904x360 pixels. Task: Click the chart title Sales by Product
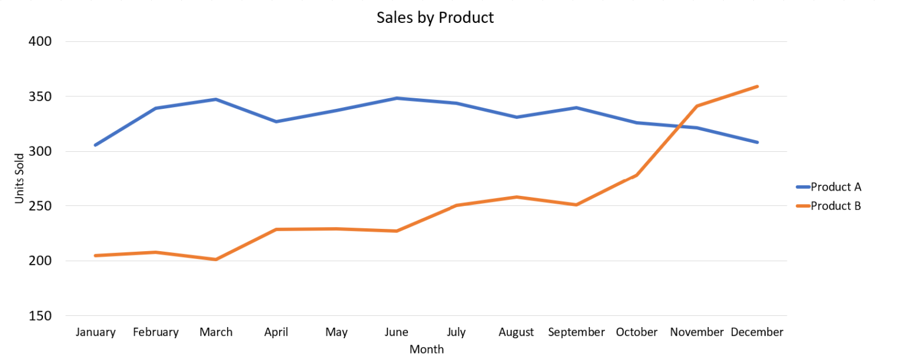click(435, 18)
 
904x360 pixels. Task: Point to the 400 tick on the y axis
click(40, 41)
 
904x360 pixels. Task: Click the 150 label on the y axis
click(40, 316)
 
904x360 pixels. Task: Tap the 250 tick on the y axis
click(40, 206)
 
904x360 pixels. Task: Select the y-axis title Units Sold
click(20, 178)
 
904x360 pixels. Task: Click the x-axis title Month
click(427, 349)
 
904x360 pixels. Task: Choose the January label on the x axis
click(95, 332)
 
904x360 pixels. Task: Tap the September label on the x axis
click(576, 332)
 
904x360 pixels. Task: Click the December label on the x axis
click(757, 332)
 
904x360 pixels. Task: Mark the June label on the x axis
click(396, 332)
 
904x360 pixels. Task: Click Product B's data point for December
click(757, 86)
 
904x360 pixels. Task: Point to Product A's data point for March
click(216, 99)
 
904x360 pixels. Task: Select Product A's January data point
click(95, 145)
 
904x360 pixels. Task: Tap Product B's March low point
click(216, 259)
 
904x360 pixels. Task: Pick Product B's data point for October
click(636, 175)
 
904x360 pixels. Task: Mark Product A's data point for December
click(757, 142)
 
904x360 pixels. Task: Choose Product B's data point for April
click(276, 229)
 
